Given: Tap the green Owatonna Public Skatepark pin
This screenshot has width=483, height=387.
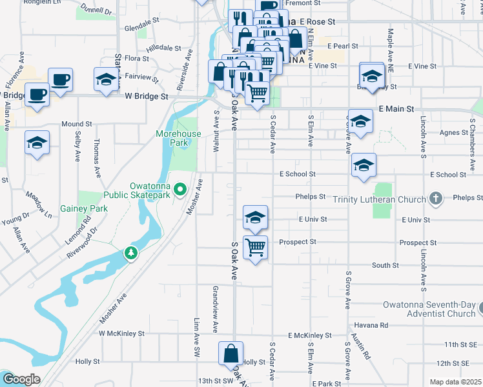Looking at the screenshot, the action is coord(181,190).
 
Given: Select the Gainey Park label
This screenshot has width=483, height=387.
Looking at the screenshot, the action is coord(84,208).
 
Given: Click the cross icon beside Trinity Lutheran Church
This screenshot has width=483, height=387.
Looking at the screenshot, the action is coord(436,199).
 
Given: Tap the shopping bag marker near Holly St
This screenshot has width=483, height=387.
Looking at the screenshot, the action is coord(231,353).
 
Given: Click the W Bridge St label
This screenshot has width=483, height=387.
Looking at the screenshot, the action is coord(147,96).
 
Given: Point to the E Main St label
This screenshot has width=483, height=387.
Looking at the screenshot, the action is coord(396,110).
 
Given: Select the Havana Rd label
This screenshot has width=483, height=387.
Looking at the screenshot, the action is coord(375,326).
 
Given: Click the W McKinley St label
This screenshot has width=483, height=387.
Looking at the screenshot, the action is coord(121,333).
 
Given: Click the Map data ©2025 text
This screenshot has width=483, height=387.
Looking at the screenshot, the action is coord(454,382).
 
